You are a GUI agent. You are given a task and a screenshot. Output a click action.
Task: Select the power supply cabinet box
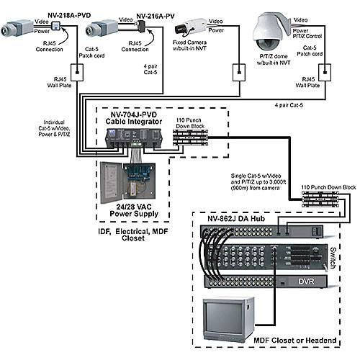point(127,182)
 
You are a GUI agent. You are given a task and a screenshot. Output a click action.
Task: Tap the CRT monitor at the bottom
point(228,318)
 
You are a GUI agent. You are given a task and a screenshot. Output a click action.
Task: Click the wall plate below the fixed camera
point(237,73)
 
